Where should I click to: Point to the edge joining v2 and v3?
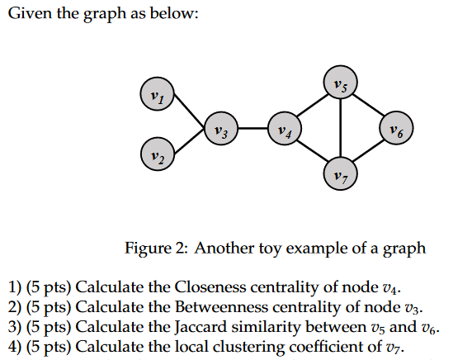[x=189, y=140]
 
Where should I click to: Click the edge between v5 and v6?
[x=369, y=105]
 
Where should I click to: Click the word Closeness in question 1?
[x=207, y=287]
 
